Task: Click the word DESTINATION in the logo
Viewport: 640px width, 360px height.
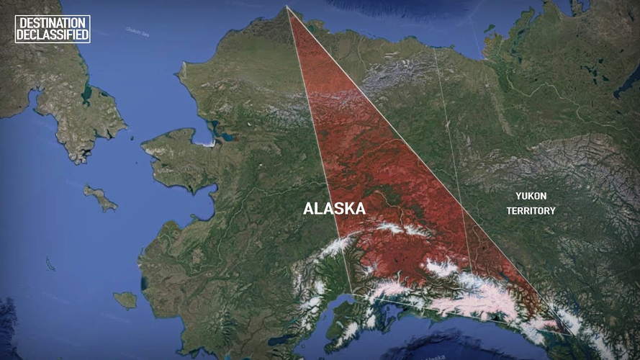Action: click(x=53, y=23)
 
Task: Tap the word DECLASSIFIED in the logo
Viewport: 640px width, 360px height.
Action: click(x=53, y=35)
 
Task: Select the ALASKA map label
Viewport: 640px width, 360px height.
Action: click(x=334, y=209)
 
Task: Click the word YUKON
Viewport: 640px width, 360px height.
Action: click(x=531, y=196)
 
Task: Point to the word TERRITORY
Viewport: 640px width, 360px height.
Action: click(x=531, y=210)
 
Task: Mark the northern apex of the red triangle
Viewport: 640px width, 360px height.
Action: click(x=287, y=7)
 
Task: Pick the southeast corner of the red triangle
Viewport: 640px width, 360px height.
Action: click(x=572, y=334)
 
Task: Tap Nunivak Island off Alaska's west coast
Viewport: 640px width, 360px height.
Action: click(x=125, y=300)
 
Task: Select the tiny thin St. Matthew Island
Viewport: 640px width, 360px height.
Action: click(x=50, y=265)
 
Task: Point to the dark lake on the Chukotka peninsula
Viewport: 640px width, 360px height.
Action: click(x=87, y=93)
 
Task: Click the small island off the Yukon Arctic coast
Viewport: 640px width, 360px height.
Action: click(x=490, y=28)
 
